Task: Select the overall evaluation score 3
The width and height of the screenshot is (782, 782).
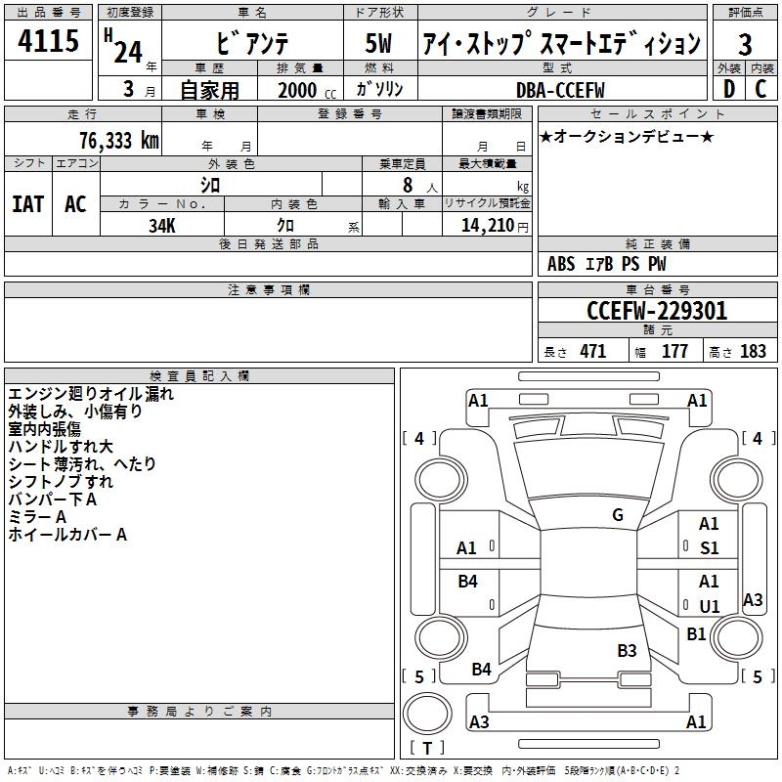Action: tap(745, 46)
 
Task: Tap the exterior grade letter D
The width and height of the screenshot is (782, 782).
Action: tap(728, 89)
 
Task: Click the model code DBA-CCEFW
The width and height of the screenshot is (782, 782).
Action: tap(560, 89)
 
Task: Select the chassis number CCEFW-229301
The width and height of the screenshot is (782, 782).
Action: tap(657, 311)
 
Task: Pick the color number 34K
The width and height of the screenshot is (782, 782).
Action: tap(161, 225)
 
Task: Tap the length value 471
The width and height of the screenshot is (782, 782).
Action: tap(591, 352)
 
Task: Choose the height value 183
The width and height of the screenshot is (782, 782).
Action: tap(753, 352)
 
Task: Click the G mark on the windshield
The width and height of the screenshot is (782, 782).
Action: tap(618, 515)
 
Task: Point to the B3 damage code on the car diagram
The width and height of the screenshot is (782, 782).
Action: tap(627, 650)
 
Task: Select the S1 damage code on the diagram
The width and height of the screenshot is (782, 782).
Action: tap(709, 548)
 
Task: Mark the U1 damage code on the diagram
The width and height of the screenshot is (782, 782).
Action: tap(709, 605)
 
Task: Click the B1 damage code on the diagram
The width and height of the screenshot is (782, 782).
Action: tap(696, 634)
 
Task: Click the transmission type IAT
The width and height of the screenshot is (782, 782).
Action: tap(27, 204)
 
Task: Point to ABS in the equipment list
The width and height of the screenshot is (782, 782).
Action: tap(561, 264)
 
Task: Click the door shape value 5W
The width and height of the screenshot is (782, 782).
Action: tap(380, 46)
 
